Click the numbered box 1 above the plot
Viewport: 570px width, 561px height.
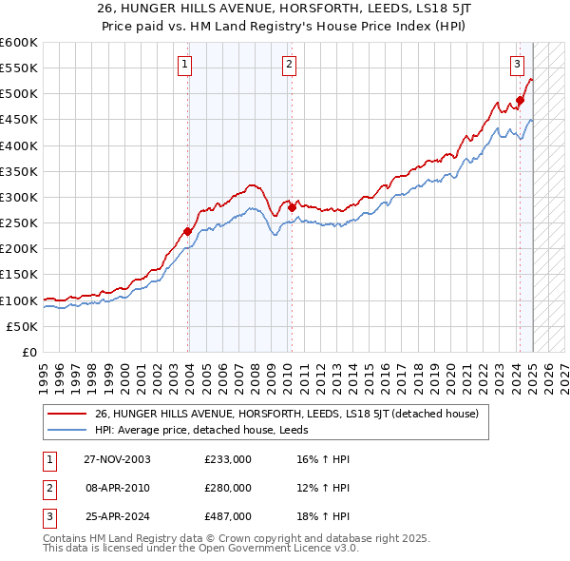coord(184,65)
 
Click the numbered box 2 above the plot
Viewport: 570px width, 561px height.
coord(288,65)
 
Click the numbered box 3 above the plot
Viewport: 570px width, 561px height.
coord(517,65)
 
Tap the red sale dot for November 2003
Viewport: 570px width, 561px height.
coord(188,231)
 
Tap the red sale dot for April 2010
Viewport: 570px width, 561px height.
coord(292,207)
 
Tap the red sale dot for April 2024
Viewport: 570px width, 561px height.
coord(521,100)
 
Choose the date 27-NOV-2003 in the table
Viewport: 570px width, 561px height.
coord(118,460)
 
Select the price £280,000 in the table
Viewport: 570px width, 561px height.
coord(228,488)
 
